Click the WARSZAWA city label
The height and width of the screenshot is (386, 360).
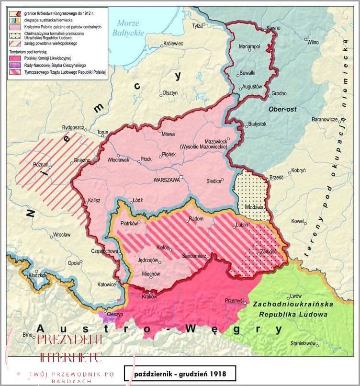pos(166,181)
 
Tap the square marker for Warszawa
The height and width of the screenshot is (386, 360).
pos(181,178)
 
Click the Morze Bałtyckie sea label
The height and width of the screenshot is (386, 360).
pos(128,28)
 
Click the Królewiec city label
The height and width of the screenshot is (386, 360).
pos(173,44)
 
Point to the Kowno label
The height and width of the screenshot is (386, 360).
pos(273,28)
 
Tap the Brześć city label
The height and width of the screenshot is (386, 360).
pos(277,177)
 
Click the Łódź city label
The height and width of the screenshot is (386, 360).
pos(138,200)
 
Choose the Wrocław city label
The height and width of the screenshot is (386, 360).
pos(62,235)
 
